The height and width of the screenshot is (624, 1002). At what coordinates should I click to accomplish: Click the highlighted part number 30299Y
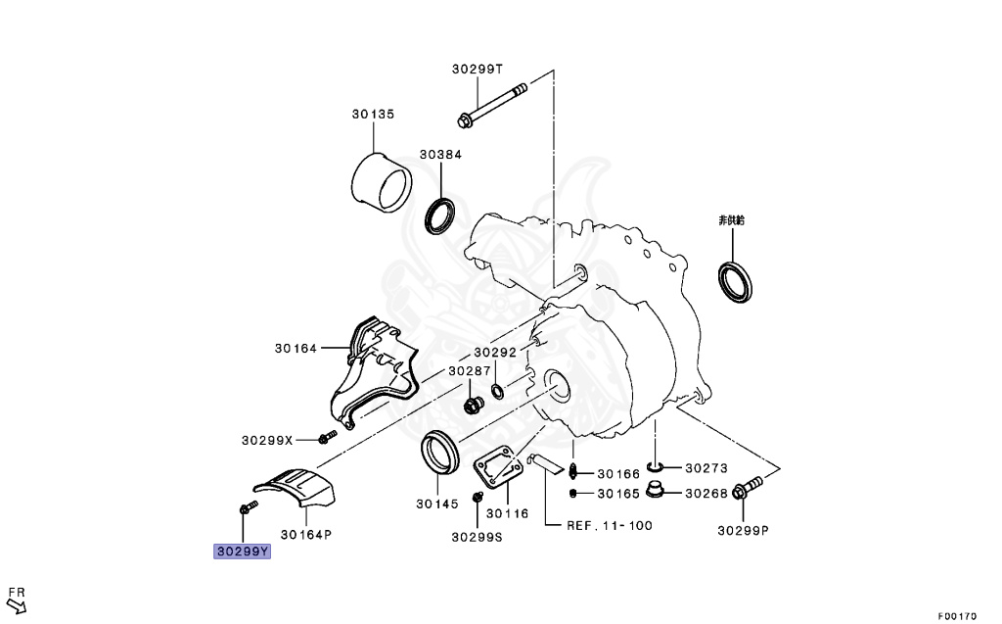242,552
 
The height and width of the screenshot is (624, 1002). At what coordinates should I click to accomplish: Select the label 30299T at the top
478,70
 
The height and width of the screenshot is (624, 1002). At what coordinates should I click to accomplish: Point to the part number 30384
440,155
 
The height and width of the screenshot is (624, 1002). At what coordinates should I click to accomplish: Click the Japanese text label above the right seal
732,220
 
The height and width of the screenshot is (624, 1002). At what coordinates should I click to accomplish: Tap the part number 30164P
306,535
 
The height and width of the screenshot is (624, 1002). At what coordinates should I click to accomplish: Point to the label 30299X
267,440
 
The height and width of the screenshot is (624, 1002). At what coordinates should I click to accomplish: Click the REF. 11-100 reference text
610,526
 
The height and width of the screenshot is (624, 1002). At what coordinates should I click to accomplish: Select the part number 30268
706,494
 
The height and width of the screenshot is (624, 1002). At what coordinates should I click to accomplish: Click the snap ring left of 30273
657,464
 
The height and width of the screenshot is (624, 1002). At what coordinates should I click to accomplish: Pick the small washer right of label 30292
498,393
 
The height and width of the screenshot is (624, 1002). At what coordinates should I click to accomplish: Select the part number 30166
618,474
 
